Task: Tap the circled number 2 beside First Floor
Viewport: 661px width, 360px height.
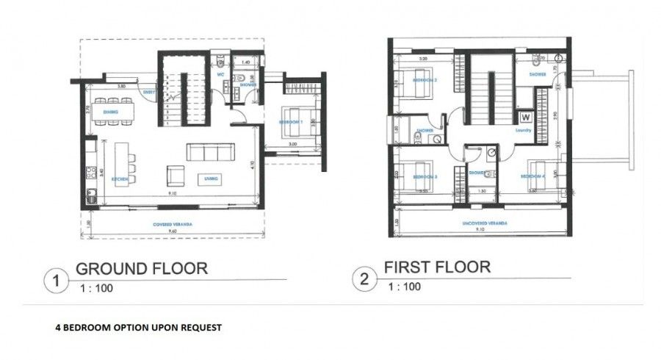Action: [x=364, y=278]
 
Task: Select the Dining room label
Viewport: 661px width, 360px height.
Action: [x=111, y=112]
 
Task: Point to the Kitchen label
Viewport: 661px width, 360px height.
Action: [x=120, y=179]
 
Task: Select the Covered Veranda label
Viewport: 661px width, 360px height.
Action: [x=168, y=223]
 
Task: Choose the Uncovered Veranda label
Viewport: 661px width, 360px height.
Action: [x=479, y=222]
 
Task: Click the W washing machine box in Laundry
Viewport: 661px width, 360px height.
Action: [x=525, y=116]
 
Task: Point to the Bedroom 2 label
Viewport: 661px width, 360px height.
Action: [x=425, y=79]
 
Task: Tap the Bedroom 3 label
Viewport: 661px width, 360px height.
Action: [x=425, y=178]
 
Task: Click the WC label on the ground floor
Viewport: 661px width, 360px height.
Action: [x=220, y=74]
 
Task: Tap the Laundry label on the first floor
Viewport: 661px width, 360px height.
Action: [x=523, y=130]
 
